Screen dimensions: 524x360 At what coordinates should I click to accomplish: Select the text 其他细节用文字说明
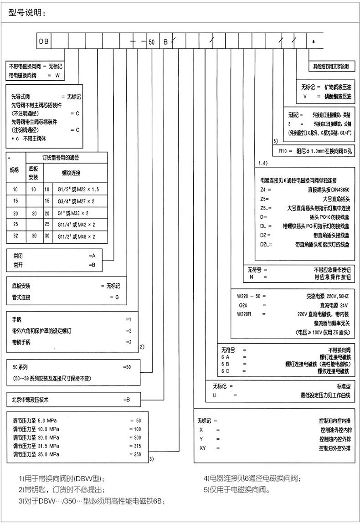[x=330, y=66]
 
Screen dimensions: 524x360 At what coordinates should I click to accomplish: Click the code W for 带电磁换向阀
[x=57, y=73]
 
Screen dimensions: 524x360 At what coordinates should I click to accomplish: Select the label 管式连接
[x=21, y=297]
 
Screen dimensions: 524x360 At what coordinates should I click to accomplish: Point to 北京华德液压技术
[x=30, y=399]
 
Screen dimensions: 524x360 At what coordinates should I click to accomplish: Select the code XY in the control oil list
[x=204, y=448]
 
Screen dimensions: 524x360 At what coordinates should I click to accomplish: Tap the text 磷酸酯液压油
[x=337, y=97]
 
